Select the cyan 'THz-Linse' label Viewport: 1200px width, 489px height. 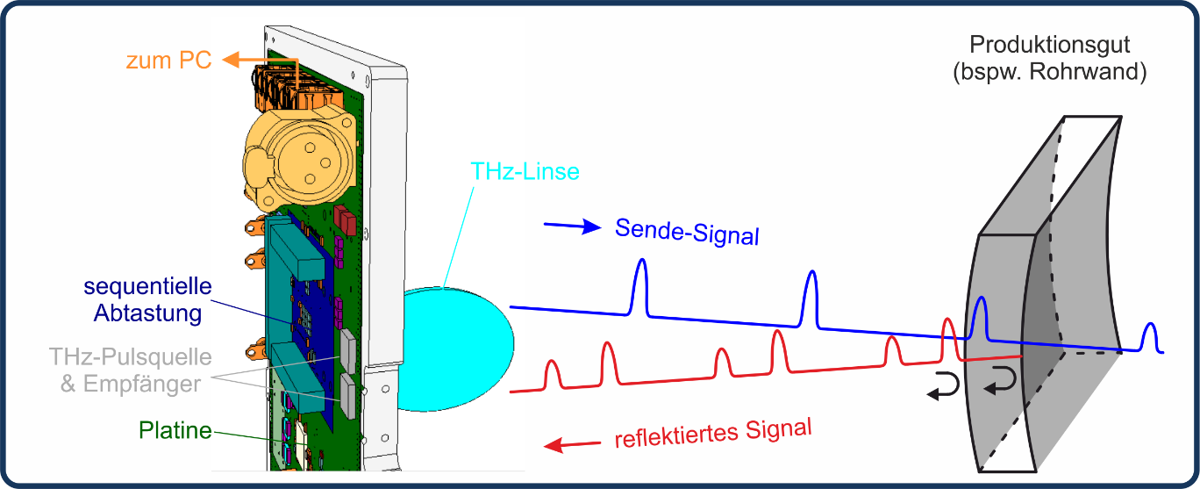525,171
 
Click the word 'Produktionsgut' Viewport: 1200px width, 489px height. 1049,44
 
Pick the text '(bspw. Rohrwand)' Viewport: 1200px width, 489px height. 1049,72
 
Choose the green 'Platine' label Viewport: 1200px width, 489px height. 175,430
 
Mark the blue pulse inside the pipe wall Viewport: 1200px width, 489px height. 981,316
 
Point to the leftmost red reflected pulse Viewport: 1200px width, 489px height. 552,373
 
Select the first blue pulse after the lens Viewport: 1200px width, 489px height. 641,285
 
